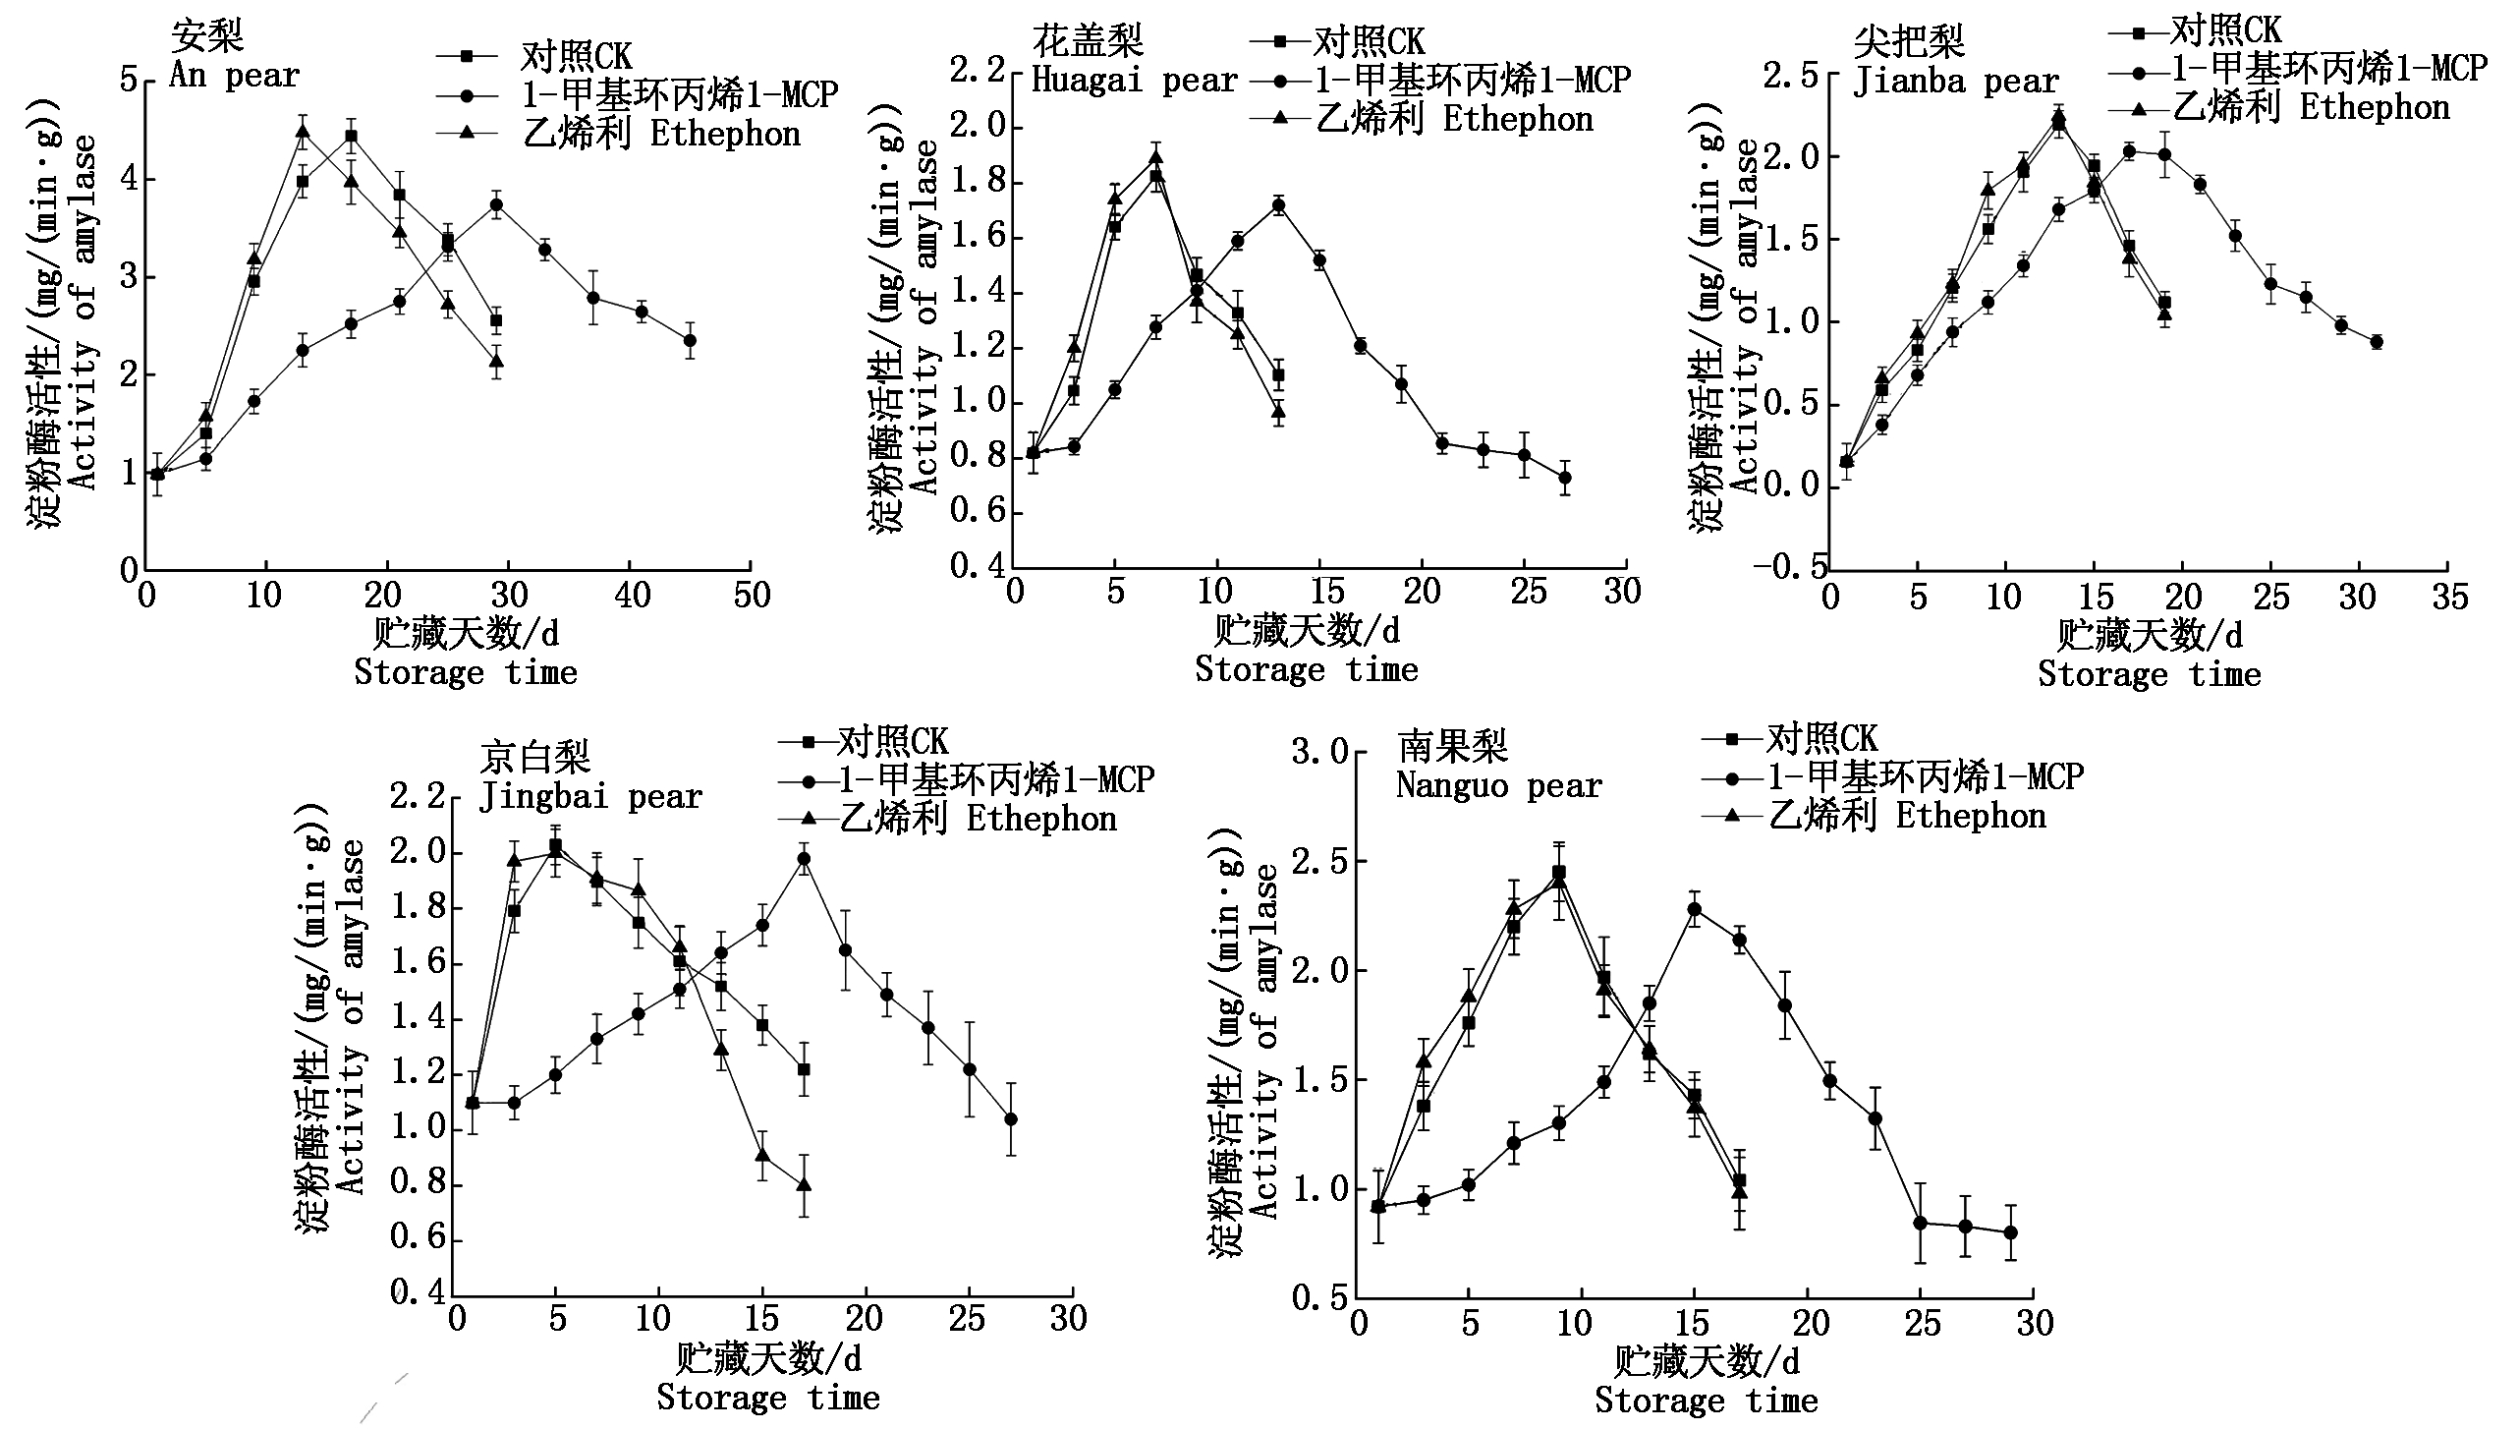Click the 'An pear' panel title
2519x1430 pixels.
click(x=234, y=76)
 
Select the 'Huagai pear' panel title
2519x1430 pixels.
click(x=1135, y=81)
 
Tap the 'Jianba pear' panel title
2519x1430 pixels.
click(x=1955, y=82)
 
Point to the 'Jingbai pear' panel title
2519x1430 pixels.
click(x=590, y=796)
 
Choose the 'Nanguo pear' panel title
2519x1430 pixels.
click(x=1499, y=786)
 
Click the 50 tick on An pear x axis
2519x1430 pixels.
click(x=752, y=596)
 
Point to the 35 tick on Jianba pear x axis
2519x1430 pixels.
click(x=2447, y=597)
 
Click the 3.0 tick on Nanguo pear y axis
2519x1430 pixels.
click(x=1319, y=753)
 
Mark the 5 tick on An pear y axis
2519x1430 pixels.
click(x=129, y=80)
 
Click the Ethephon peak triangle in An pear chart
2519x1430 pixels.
click(x=303, y=132)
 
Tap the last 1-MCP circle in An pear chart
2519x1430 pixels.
click(x=690, y=341)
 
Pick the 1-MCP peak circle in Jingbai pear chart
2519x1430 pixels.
click(x=804, y=859)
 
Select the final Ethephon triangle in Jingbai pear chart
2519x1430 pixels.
click(x=804, y=1184)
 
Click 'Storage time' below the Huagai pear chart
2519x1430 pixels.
click(x=1307, y=670)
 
